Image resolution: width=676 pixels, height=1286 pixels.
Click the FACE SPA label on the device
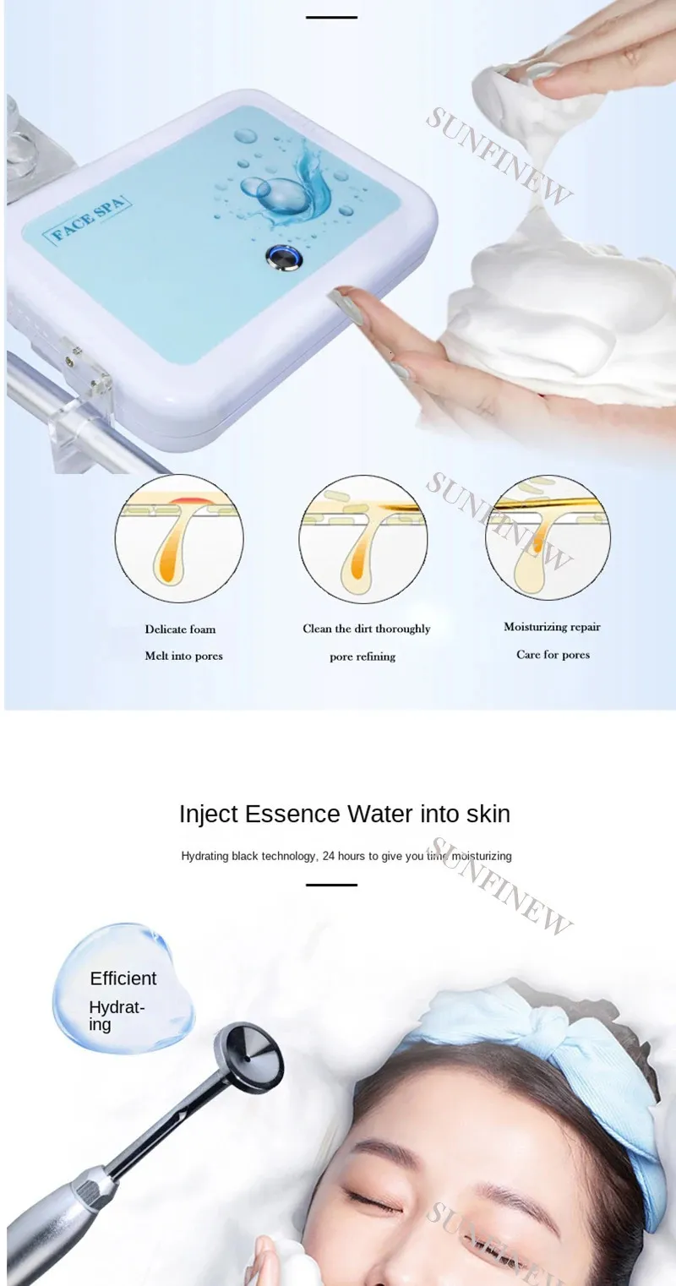(88, 221)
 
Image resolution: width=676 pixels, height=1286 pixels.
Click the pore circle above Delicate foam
(179, 538)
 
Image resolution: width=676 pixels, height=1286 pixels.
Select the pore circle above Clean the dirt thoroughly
(363, 539)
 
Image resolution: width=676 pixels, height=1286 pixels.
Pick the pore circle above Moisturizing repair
(548, 537)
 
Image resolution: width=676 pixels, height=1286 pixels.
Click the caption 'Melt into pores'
(184, 656)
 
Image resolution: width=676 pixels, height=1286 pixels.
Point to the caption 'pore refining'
(363, 657)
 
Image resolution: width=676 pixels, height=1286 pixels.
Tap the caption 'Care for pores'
(553, 655)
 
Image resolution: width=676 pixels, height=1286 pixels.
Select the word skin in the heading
(488, 814)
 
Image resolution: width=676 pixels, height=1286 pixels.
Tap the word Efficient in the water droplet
(123, 978)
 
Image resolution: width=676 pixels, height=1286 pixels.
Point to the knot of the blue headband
(553, 1031)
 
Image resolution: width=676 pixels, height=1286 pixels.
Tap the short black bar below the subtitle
(331, 885)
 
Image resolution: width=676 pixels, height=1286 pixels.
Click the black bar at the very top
(331, 17)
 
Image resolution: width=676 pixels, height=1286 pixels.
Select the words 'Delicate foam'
(180, 629)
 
